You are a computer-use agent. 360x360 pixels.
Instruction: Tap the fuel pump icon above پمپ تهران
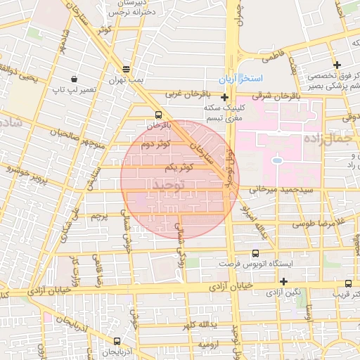126,70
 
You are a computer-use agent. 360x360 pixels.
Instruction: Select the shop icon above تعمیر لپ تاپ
75,79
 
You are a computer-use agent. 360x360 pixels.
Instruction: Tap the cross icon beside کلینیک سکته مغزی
224,98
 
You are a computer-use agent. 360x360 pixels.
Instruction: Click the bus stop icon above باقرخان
157,115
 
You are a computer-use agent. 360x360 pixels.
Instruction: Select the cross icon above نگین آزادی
283,281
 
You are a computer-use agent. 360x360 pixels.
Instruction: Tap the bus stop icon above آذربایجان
117,340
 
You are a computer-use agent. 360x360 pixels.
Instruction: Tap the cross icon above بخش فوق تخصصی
337,65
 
